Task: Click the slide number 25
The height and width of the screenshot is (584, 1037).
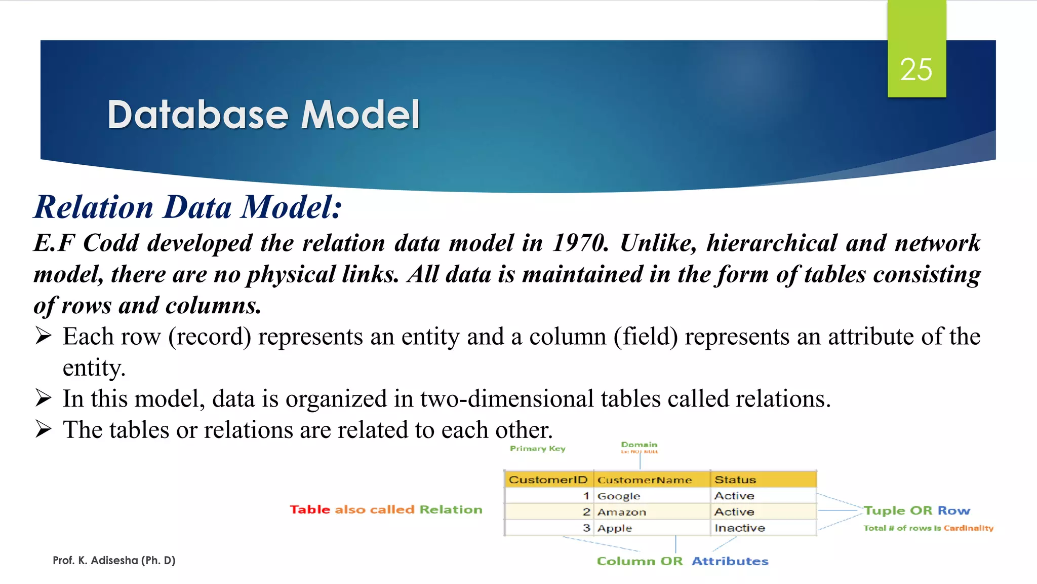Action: (916, 69)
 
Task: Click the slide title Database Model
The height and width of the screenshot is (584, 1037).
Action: (263, 115)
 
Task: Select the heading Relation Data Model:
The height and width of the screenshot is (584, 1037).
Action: (188, 207)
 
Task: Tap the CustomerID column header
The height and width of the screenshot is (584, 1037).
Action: (548, 480)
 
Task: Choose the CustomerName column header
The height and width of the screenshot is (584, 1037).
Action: (644, 480)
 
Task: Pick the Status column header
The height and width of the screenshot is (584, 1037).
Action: (735, 480)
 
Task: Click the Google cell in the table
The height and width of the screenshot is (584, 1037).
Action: (619, 496)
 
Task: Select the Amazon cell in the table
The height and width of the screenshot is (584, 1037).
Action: (621, 512)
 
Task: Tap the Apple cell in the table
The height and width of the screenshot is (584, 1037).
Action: (614, 528)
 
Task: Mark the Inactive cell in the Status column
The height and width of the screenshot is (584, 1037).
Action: (739, 528)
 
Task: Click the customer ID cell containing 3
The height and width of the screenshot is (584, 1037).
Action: (586, 528)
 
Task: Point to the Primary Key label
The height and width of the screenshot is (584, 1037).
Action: (537, 449)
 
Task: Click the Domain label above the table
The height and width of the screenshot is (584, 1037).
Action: (639, 445)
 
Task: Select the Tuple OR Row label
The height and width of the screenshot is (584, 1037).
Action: (916, 510)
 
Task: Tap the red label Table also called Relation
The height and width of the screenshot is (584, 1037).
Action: (386, 509)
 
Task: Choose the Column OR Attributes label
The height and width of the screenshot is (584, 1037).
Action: (682, 561)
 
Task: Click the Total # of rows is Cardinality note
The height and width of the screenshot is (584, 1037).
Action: (928, 528)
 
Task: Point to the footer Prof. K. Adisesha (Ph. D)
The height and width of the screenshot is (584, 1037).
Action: (114, 560)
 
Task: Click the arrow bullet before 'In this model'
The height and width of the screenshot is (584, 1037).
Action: (44, 398)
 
